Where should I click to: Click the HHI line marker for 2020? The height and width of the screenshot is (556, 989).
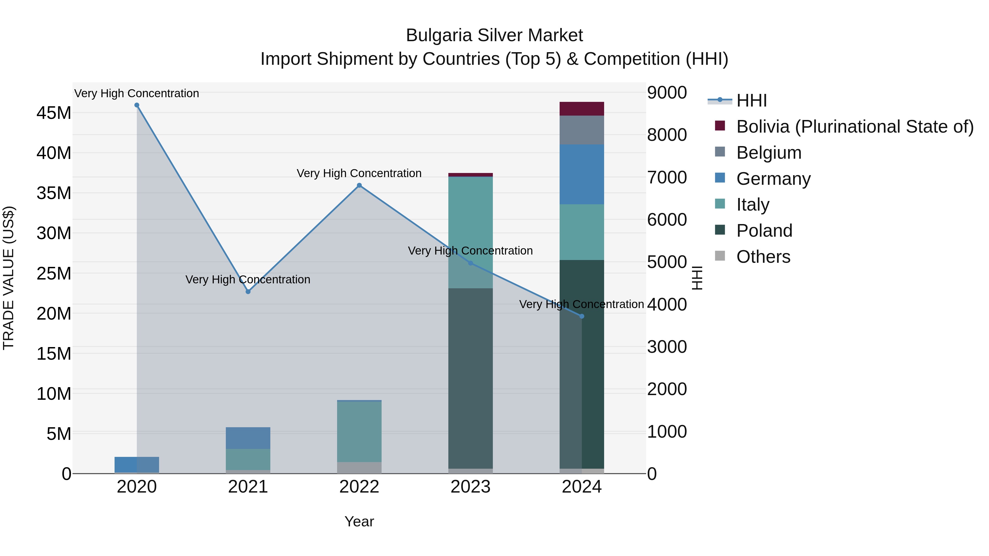tap(137, 105)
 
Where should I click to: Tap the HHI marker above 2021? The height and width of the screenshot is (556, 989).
tap(248, 292)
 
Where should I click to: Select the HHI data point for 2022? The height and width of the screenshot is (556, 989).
tap(359, 185)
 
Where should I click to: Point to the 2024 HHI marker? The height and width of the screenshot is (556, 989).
tap(582, 316)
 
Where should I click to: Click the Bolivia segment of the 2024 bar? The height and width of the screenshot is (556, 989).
tap(582, 109)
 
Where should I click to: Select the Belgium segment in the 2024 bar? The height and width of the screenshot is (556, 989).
tap(582, 130)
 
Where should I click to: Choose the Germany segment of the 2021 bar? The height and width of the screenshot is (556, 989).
tap(248, 438)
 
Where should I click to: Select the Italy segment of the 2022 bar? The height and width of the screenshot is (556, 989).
tap(359, 432)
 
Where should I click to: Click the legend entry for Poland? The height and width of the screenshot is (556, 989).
tap(764, 231)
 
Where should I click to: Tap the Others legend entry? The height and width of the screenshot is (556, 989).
tap(763, 257)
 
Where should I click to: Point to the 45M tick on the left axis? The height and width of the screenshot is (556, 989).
tap(54, 113)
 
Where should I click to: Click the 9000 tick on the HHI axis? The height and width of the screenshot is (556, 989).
tap(667, 93)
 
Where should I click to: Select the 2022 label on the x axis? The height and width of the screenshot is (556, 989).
tap(359, 487)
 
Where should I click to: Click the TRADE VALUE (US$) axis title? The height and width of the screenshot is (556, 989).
tap(9, 278)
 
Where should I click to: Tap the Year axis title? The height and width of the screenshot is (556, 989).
tap(359, 521)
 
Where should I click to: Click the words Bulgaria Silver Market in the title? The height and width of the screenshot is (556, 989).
tap(494, 35)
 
